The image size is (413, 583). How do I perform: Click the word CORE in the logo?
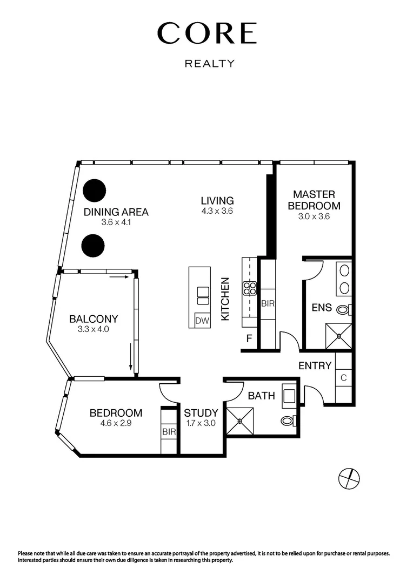tap(206, 33)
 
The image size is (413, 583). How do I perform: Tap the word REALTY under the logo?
tap(210, 64)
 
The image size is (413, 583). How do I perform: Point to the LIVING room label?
tap(216, 201)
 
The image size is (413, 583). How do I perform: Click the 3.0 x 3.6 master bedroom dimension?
tap(314, 216)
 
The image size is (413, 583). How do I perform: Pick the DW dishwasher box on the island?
tap(202, 321)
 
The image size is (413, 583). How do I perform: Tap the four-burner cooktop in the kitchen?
tap(249, 288)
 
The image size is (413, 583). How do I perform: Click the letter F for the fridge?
tap(249, 340)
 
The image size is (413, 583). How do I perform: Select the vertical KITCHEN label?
tap(227, 299)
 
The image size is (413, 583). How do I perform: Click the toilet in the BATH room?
tap(287, 421)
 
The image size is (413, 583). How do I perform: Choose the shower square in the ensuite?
tap(338, 336)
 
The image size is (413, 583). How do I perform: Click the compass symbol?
tap(349, 477)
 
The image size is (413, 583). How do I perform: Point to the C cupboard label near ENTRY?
tap(343, 377)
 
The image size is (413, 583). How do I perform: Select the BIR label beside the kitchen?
tap(268, 304)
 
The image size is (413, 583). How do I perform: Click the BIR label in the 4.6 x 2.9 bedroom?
tap(169, 432)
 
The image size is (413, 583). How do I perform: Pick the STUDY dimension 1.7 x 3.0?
tap(201, 423)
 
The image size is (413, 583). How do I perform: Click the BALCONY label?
tap(94, 319)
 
